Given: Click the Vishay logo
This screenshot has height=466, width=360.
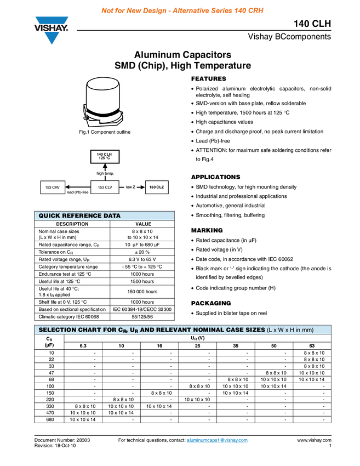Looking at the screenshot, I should point(52,30).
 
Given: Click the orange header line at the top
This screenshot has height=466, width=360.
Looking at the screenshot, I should point(182,10).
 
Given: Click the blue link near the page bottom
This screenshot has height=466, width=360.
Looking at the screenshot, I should point(218,440).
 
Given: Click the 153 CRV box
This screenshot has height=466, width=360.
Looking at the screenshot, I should point(52,187).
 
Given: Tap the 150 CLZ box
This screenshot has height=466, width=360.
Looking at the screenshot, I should point(156,187).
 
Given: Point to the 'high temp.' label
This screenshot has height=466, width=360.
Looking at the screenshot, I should point(105,174).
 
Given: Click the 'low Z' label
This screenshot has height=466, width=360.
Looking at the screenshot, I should point(130,187).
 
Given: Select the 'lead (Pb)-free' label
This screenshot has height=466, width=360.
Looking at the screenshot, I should point(77,192).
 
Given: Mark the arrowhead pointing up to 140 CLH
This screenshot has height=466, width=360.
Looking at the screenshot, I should point(105,167).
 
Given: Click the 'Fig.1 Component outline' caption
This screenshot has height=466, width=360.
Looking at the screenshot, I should point(105,133).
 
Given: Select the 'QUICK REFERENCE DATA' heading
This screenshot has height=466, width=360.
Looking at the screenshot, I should point(79,216).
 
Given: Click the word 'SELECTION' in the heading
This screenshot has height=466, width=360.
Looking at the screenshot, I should point(57,330).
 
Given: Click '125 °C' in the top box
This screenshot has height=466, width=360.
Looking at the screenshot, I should point(104,158).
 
